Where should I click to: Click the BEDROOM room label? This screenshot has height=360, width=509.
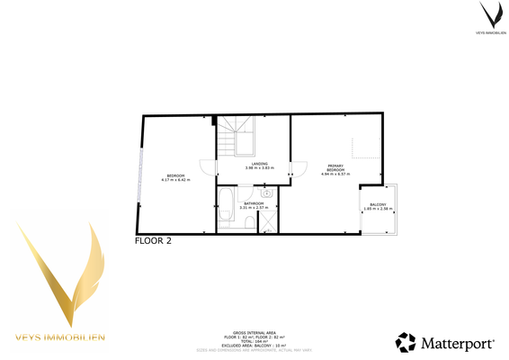tap(174, 175)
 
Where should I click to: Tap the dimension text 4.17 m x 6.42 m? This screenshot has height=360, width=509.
tap(174, 180)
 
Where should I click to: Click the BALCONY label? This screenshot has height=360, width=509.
tap(378, 205)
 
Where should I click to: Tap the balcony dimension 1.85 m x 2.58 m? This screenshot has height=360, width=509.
tap(378, 211)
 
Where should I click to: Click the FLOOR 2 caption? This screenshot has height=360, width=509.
tap(153, 241)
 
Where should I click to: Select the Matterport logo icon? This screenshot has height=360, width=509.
tap(406, 342)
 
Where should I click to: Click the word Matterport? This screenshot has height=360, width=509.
tap(458, 343)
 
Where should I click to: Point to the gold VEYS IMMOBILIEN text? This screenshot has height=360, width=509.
tap(60, 337)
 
